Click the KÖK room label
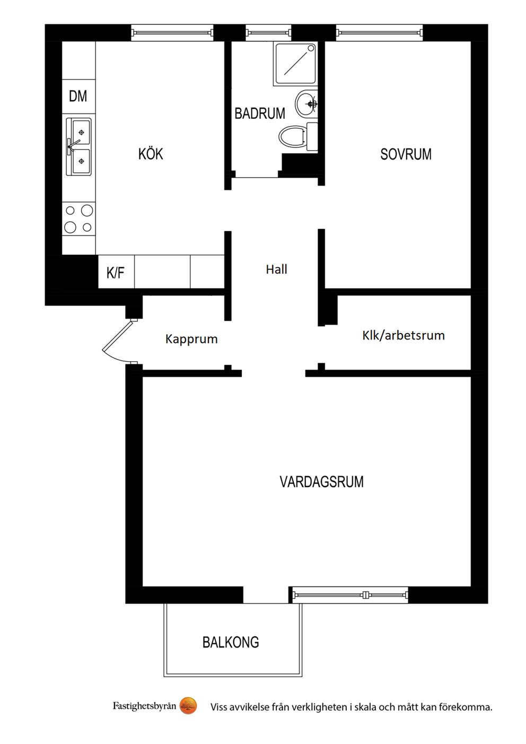[x=151, y=154]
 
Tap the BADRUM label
[x=260, y=113]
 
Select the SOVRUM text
[x=406, y=154]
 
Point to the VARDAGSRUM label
[x=321, y=482]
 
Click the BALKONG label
[x=231, y=642]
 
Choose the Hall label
[x=276, y=269]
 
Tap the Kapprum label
[x=191, y=339]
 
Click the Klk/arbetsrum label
[x=404, y=336]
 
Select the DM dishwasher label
[x=78, y=96]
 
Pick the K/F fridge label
[x=116, y=273]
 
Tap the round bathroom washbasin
[x=306, y=103]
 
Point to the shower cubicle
[x=295, y=64]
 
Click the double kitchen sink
[x=78, y=146]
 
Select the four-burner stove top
[x=78, y=219]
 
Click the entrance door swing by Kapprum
[x=119, y=342]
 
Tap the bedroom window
[x=379, y=32]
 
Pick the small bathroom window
[x=268, y=32]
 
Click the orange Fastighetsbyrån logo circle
[x=188, y=705]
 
